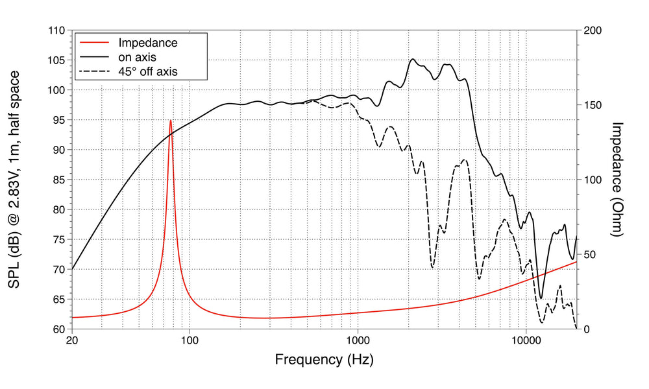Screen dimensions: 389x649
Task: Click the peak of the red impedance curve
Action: point(171,121)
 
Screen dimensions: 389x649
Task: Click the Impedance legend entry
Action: point(148,43)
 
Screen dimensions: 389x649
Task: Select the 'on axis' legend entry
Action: point(138,57)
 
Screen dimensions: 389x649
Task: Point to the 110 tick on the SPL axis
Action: point(56,30)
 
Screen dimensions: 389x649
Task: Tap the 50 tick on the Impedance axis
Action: point(590,254)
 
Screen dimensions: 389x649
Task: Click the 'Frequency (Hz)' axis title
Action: point(324,359)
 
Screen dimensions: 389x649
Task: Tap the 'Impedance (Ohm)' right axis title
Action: point(617,180)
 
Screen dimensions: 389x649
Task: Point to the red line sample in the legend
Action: point(93,43)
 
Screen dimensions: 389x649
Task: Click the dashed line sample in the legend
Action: point(93,71)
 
